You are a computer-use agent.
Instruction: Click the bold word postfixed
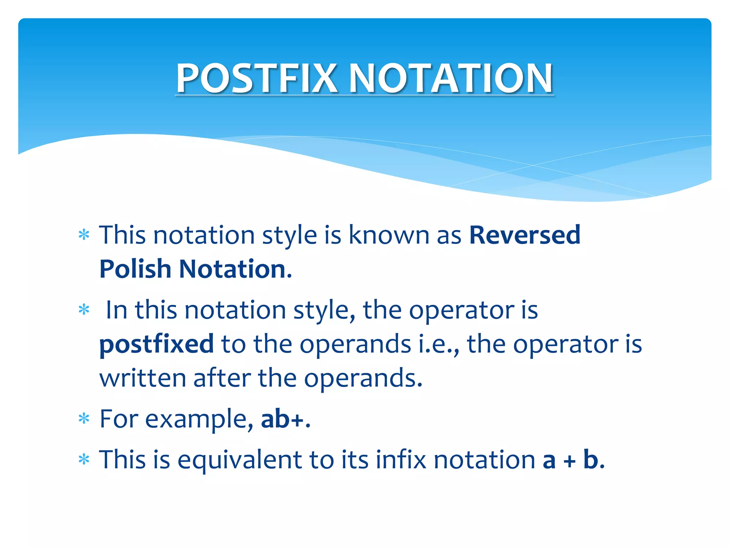157,345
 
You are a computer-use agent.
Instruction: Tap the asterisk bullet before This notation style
84,235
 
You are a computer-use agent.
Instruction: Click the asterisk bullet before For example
84,419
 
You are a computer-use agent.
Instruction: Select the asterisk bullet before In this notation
84,310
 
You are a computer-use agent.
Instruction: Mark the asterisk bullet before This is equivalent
84,460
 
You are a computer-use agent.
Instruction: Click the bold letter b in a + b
591,459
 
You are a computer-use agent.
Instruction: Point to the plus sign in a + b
570,461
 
